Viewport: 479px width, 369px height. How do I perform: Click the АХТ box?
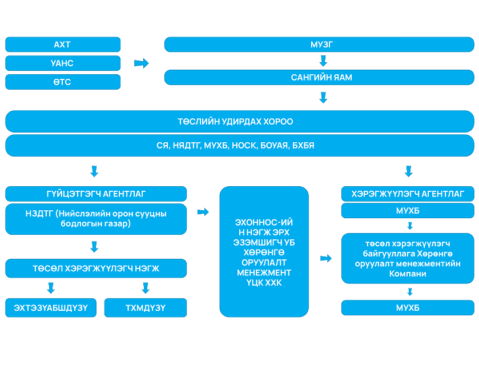click(63, 45)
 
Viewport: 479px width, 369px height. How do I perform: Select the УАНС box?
click(63, 63)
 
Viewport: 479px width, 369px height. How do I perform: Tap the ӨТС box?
click(63, 82)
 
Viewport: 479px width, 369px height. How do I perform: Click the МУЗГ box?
click(319, 45)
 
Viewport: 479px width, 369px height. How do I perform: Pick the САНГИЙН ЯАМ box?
click(319, 77)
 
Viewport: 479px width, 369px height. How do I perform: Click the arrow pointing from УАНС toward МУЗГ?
click(141, 63)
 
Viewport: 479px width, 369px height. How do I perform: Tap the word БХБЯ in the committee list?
click(303, 146)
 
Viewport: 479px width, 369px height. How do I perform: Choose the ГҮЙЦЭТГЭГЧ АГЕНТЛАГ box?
click(96, 194)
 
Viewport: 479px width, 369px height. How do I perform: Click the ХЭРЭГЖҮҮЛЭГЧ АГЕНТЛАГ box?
click(408, 194)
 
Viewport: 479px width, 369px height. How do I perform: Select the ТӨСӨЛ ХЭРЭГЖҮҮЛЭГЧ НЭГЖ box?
click(96, 268)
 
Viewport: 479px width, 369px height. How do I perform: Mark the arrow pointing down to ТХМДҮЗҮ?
click(146, 288)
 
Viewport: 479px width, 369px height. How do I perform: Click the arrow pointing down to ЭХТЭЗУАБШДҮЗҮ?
click(51, 288)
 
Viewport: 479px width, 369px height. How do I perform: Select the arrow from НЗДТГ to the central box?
click(203, 212)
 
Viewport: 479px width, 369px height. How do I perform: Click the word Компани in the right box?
click(408, 274)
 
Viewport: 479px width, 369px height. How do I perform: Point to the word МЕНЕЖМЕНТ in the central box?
click(264, 272)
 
